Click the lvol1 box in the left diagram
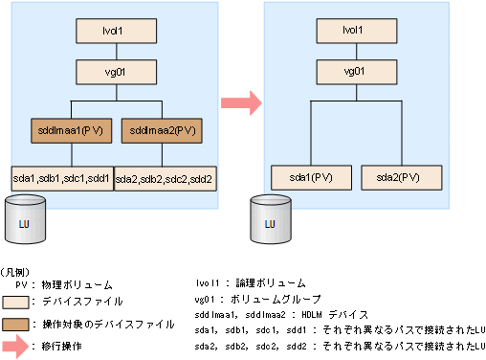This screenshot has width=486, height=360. [114, 30]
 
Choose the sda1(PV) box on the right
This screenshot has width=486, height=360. [308, 177]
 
